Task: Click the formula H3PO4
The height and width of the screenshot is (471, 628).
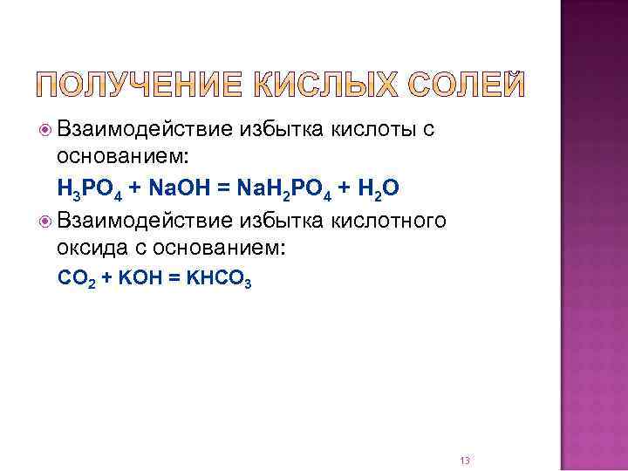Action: (89, 189)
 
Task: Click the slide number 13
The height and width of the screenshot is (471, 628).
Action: (464, 435)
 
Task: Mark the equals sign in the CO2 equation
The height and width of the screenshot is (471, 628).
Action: (171, 278)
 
